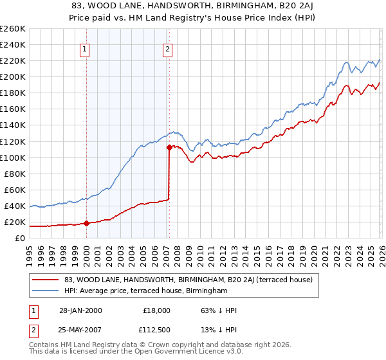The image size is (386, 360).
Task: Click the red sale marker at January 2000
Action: pyautogui.click(x=86, y=224)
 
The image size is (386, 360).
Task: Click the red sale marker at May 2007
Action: pyautogui.click(x=169, y=147)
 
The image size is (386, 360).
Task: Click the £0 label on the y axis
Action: pyautogui.click(x=19, y=238)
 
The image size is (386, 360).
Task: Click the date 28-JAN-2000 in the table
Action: pyautogui.click(x=77, y=310)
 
